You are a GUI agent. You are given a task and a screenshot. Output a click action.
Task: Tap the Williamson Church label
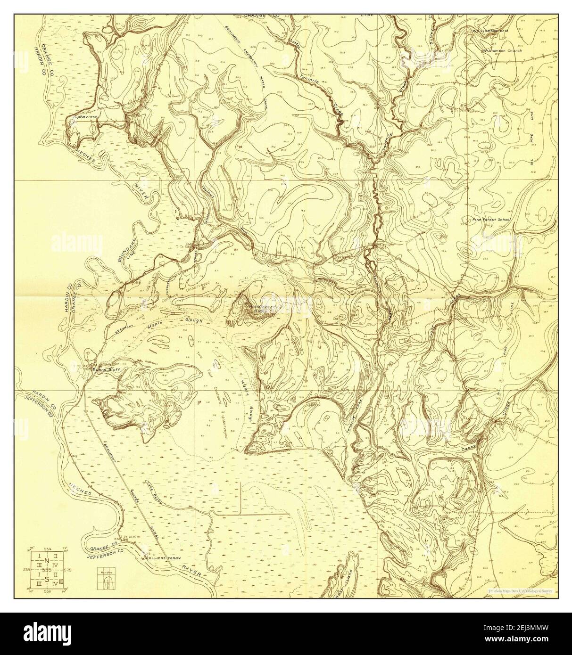click(502, 50)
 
